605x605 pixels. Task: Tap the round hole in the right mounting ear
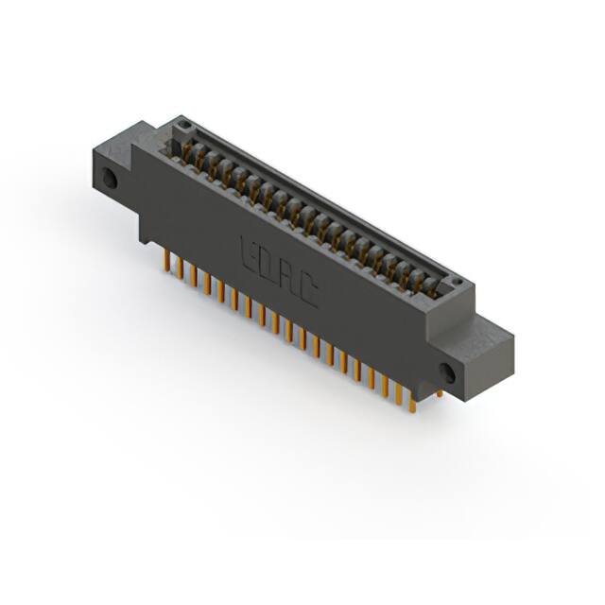[x=447, y=372]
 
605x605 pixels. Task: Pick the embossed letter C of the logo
[x=309, y=292]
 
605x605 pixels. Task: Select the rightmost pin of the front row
[x=412, y=402]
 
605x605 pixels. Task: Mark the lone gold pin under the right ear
[x=440, y=392]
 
